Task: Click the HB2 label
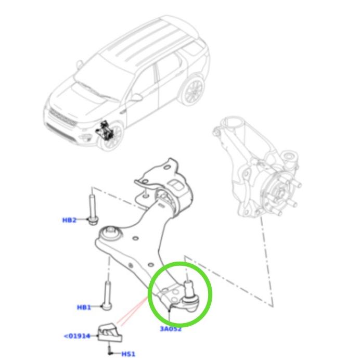point(69,220)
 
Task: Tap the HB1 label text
point(84,307)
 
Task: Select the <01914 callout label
point(77,337)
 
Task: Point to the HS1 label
point(128,354)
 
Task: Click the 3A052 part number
point(171,329)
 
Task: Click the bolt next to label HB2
point(92,210)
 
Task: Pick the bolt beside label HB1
point(107,295)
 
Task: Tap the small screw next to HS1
point(110,350)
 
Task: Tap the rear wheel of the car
point(192,90)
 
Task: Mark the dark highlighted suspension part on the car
point(105,130)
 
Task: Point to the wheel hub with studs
point(280,194)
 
